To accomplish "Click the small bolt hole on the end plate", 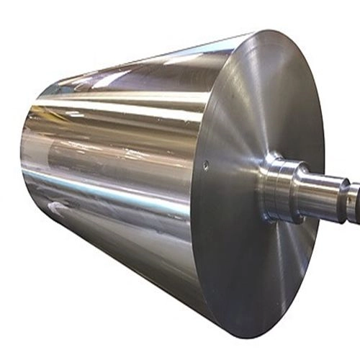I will tap(207, 166).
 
